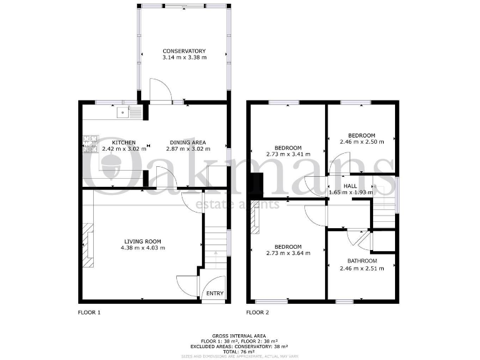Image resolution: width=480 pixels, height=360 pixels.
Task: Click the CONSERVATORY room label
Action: point(184,51)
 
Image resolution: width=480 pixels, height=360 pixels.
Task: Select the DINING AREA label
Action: point(188,142)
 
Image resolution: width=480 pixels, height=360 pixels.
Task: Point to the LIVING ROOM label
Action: point(142,241)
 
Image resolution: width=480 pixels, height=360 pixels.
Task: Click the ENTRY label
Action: point(214,294)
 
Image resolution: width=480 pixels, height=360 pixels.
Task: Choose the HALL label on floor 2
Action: point(351,186)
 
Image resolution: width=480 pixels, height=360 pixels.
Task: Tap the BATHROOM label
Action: point(362,261)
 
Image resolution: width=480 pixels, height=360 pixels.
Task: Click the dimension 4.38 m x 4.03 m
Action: point(142,248)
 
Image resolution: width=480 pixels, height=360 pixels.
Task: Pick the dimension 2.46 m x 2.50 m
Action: point(362,142)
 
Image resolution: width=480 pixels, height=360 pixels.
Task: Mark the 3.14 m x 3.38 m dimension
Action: point(184,57)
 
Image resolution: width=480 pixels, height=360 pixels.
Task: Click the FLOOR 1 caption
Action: point(89,312)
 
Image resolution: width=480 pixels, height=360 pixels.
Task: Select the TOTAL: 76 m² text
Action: point(240,352)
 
